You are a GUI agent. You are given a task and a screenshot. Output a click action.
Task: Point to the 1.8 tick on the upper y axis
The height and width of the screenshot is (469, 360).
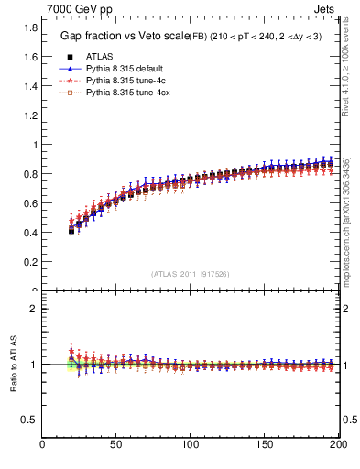[29, 27]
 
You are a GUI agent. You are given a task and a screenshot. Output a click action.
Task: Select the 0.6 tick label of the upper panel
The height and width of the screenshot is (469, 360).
[29, 203]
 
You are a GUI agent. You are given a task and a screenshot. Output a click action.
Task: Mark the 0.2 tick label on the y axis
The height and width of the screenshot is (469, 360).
[29, 262]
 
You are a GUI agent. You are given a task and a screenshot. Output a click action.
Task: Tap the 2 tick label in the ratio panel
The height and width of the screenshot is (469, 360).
[33, 309]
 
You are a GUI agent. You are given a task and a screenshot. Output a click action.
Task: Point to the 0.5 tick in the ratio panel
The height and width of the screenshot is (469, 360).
[29, 420]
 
